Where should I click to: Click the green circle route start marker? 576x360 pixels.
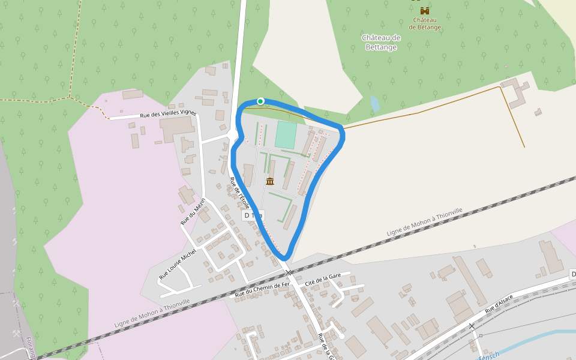(x=260, y=101)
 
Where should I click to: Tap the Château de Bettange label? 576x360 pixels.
(x=381, y=42)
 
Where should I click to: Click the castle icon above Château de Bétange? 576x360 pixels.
(x=425, y=11)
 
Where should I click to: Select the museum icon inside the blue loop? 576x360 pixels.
(x=269, y=181)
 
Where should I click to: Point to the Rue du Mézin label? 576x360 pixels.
(x=193, y=211)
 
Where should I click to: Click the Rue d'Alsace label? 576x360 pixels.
(x=499, y=304)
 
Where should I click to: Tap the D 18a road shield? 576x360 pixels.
(x=253, y=215)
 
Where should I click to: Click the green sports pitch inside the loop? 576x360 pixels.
(x=286, y=134)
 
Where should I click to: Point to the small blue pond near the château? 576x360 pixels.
(x=375, y=103)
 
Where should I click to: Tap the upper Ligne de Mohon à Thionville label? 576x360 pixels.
(x=424, y=222)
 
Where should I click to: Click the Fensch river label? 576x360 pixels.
(x=489, y=356)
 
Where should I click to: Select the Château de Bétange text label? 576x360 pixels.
(x=425, y=23)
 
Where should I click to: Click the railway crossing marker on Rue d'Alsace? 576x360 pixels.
(x=472, y=326)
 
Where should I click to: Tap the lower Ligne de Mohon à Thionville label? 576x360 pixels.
(x=152, y=314)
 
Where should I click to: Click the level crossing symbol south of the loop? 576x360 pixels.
(x=289, y=272)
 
